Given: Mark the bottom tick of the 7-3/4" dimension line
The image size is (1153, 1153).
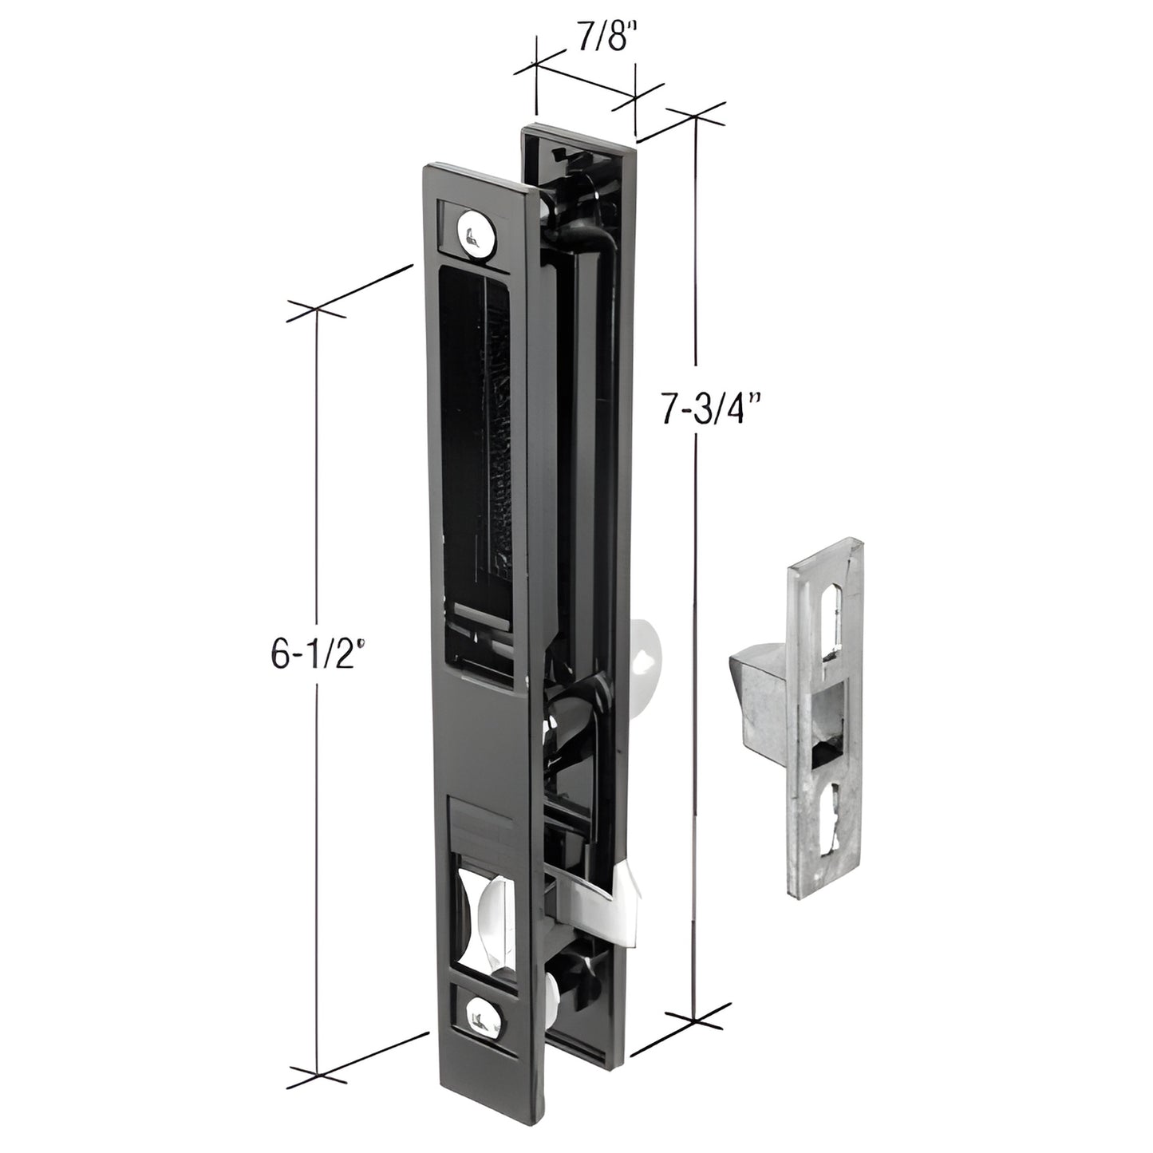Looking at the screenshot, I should tap(694, 1019).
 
